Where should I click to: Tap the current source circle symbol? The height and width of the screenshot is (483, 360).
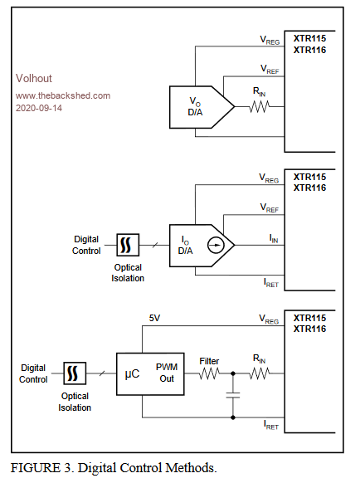tap(216, 245)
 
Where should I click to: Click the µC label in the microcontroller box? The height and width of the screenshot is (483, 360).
tap(132, 374)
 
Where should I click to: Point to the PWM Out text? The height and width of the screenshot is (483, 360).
tap(167, 373)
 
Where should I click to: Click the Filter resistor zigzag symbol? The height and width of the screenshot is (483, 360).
tap(209, 373)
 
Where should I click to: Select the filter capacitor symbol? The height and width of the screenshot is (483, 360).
tap(233, 395)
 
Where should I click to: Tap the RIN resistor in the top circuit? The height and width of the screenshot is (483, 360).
tap(260, 107)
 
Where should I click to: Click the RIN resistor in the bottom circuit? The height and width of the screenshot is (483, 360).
tap(260, 373)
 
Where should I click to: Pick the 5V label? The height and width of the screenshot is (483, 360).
tap(154, 318)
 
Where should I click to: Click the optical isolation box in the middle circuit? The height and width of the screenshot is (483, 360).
tap(128, 245)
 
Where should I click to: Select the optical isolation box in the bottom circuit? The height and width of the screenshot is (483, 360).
tap(75, 373)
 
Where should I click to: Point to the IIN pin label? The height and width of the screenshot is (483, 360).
tap(274, 238)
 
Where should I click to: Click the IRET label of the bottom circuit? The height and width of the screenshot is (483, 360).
tap(271, 425)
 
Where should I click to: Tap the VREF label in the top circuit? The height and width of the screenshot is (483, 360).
tap(270, 70)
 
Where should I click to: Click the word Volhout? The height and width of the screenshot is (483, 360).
tap(34, 78)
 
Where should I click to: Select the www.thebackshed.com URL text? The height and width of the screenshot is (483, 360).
tap(63, 95)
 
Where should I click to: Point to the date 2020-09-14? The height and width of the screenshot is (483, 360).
tap(39, 108)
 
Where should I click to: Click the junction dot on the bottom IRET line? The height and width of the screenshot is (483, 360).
tap(233, 417)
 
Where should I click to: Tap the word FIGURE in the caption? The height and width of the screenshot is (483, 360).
tap(36, 468)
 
